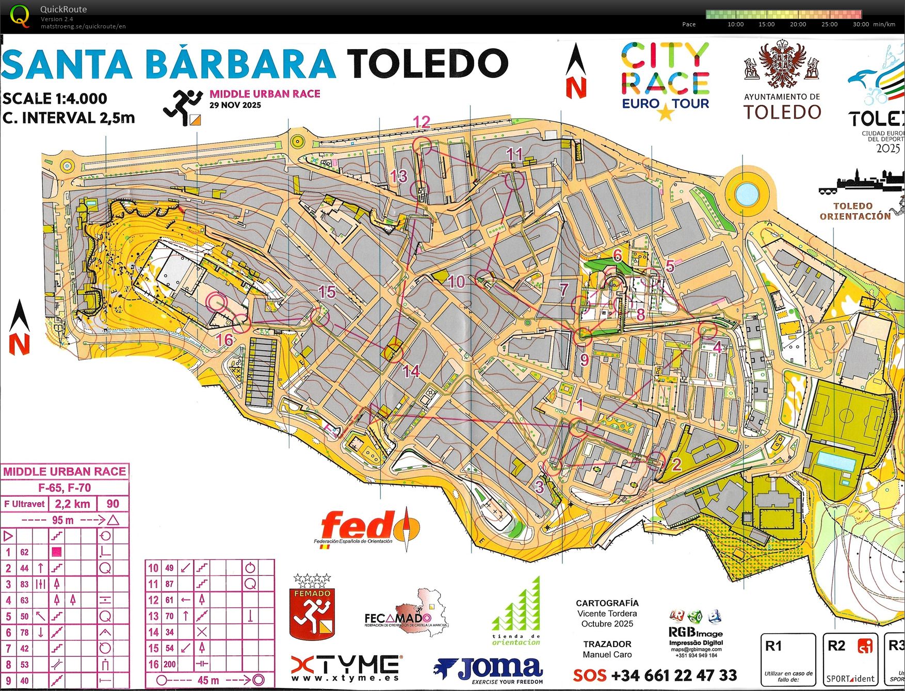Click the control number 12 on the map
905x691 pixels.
422,122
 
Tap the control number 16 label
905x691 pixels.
225,340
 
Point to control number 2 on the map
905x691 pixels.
676,464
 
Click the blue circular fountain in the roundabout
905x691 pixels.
747,194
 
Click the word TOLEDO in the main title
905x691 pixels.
427,63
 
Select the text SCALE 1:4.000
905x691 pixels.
55,99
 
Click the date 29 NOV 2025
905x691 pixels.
235,105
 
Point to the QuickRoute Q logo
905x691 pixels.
20,16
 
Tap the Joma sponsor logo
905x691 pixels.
489,670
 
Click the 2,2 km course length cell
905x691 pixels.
72,504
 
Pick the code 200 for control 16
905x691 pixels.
170,664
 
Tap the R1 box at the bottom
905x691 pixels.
787,660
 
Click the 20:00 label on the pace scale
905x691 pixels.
798,24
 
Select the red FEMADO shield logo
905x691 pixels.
312,614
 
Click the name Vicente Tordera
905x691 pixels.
607,614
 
